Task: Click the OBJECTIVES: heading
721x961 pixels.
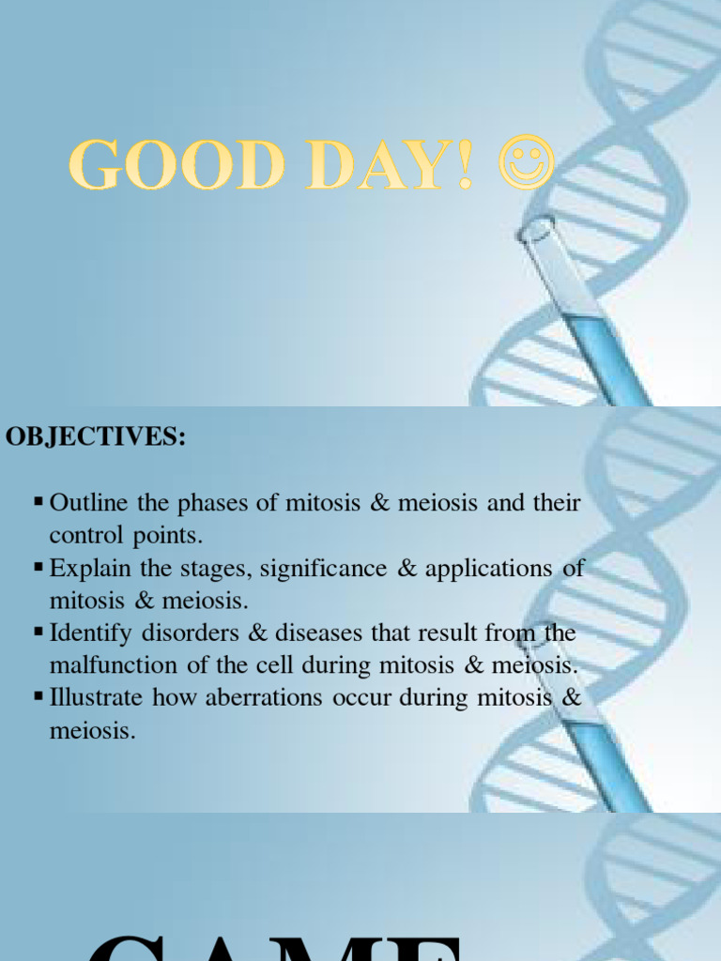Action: point(96,438)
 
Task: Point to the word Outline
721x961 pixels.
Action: point(90,503)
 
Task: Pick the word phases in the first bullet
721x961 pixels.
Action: point(210,503)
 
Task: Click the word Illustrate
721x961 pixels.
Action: point(97,698)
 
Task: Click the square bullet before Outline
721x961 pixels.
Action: point(38,502)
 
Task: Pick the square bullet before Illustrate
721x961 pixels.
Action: point(38,697)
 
